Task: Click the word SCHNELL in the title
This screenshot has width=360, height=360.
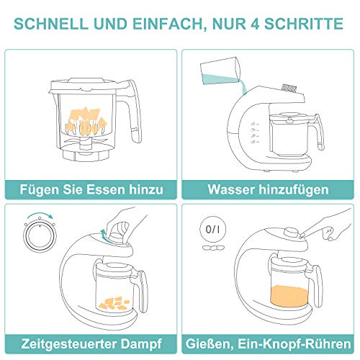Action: pos(51,24)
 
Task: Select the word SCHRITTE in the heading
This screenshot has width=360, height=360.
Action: pos(304,24)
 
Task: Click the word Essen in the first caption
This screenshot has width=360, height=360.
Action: pos(107,189)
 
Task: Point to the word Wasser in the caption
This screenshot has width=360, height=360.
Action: pos(230,189)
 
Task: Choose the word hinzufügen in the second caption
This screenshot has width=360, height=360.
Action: pos(294,190)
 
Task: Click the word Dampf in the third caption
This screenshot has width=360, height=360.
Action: pos(141,344)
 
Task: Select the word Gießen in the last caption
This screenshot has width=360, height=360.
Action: pos(208,344)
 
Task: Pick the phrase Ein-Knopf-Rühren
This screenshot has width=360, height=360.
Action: pos(294,344)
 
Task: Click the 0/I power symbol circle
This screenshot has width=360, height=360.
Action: pos(212,229)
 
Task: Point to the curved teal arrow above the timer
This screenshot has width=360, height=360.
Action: pos(40,215)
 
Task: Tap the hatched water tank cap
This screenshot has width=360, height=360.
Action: pos(289,88)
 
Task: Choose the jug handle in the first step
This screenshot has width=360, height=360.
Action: pos(131,110)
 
